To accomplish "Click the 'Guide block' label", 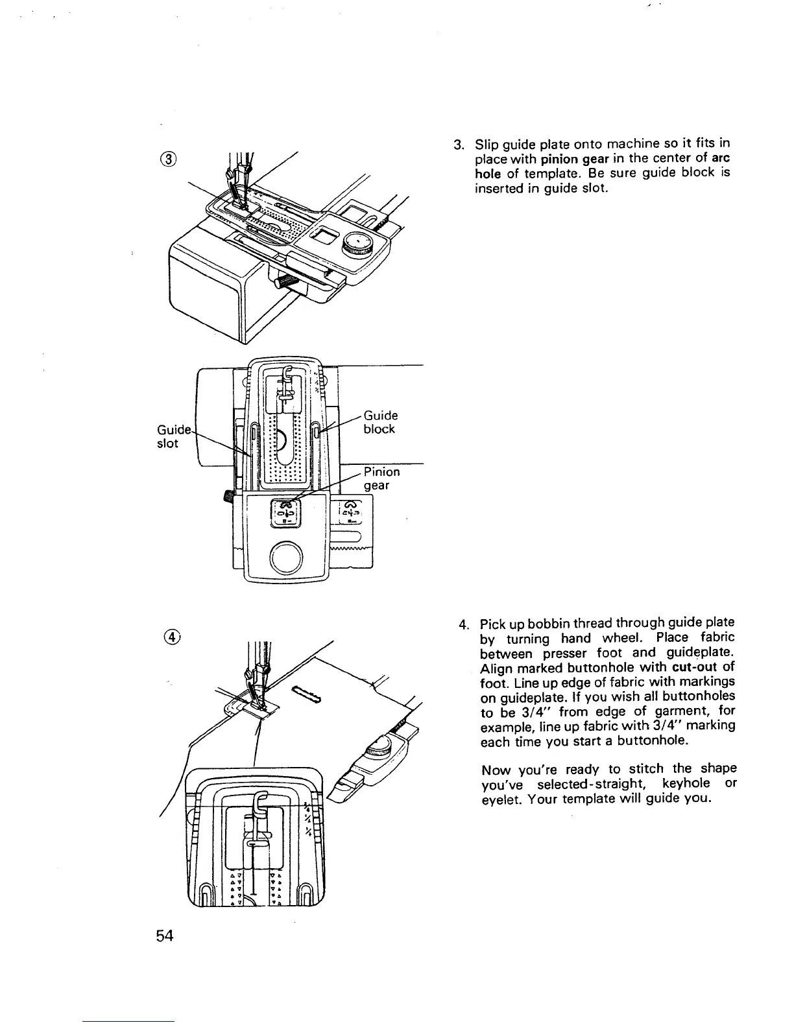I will (x=380, y=422).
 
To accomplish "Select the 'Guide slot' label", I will (x=170, y=436).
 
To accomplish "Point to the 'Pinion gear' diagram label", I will (x=381, y=478).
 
